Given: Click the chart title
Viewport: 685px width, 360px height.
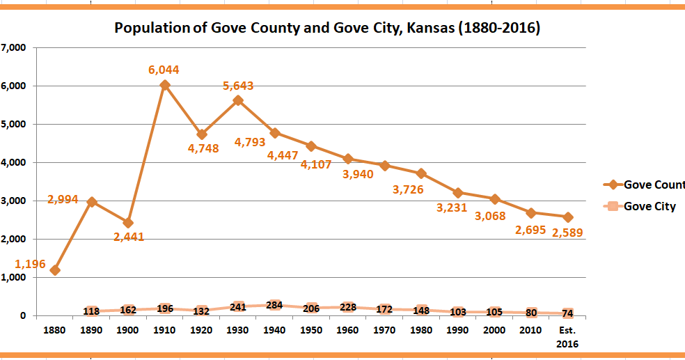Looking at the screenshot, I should point(327,29).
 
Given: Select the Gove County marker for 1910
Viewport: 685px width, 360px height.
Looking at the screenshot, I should point(165,85).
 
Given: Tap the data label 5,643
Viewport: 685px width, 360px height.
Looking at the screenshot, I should point(238,86).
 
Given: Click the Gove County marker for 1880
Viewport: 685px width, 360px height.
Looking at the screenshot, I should point(55,270).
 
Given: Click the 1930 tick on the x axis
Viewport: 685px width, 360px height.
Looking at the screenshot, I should point(238,330).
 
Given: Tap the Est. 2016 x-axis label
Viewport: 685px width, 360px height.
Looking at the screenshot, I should point(568,336).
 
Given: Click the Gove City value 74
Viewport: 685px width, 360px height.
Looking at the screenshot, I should point(568,313).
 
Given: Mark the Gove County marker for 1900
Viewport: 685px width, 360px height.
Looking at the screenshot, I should point(128,223).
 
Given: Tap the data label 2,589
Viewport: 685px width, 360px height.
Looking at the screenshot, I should point(567,233).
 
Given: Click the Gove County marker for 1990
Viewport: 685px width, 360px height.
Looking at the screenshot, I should point(458,192).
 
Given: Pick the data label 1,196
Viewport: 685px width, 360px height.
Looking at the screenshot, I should point(30,263).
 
